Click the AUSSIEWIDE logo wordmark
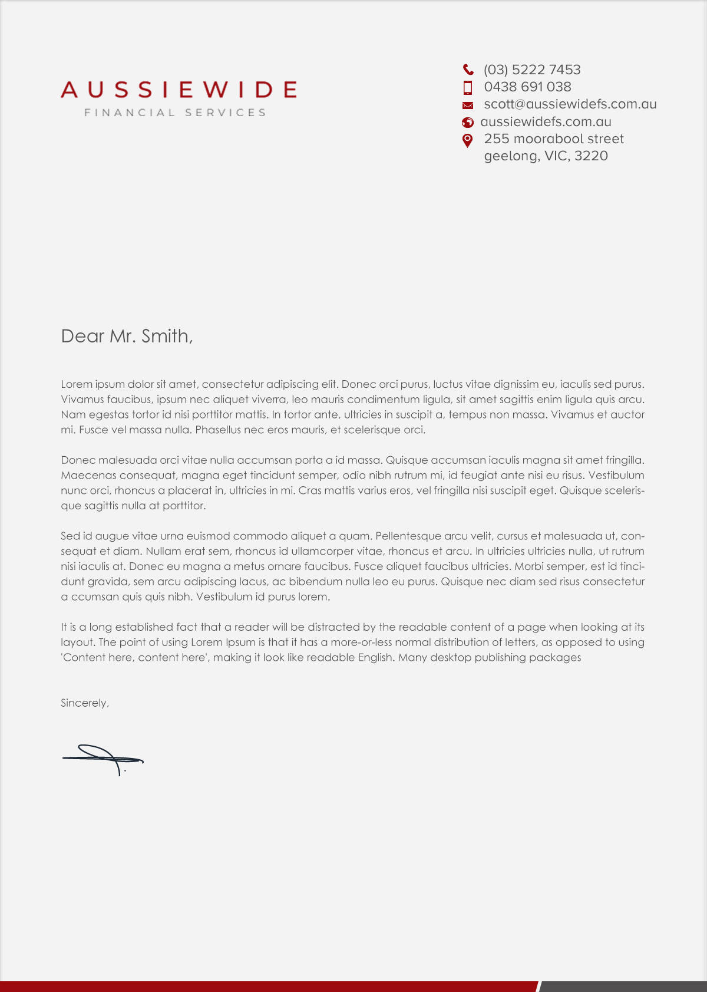(178, 90)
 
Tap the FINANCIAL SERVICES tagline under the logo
(175, 113)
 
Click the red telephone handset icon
(468, 70)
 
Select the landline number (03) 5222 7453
(532, 70)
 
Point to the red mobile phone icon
(468, 88)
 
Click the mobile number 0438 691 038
(527, 87)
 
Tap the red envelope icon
(468, 106)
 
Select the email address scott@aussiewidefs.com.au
(570, 104)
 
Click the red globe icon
(468, 123)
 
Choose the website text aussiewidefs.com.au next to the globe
(546, 122)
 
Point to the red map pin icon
(468, 140)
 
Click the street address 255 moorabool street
(554, 139)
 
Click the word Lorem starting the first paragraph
(77, 384)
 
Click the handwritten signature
(103, 759)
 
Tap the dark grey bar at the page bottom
(623, 986)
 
